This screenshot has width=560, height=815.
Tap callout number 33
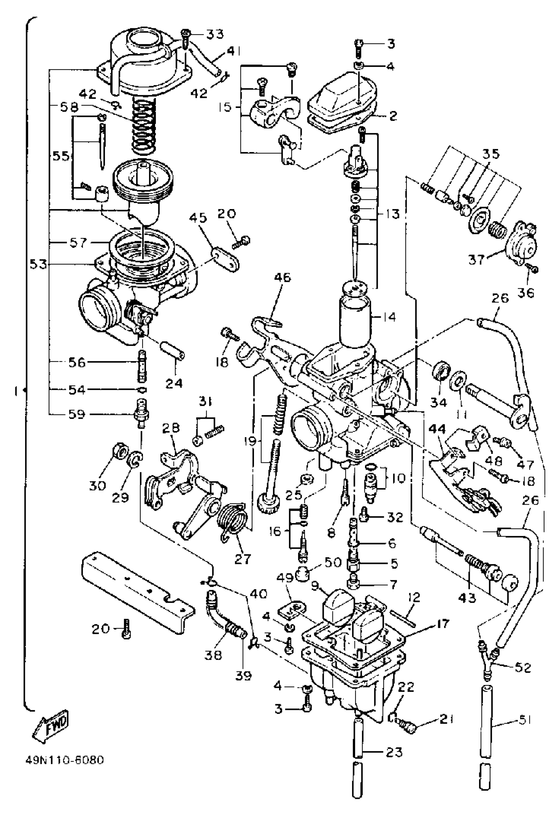(x=215, y=34)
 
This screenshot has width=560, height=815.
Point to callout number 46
(x=283, y=278)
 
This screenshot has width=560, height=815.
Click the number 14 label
(x=388, y=317)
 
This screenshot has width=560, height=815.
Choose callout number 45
(x=198, y=218)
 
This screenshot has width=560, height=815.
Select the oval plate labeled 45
(x=225, y=259)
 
